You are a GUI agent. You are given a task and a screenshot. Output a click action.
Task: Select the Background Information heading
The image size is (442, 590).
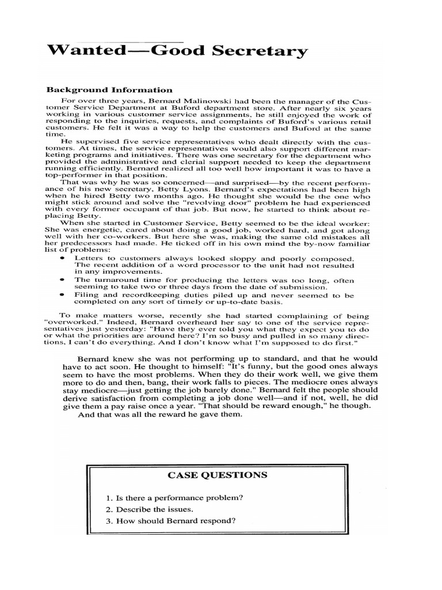click(x=109, y=90)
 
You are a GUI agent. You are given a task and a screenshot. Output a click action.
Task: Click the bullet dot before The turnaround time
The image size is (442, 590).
click(x=62, y=279)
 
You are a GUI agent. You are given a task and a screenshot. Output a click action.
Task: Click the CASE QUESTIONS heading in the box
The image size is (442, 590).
click(x=217, y=475)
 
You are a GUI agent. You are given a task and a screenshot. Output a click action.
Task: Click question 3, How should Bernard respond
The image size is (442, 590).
click(x=171, y=522)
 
